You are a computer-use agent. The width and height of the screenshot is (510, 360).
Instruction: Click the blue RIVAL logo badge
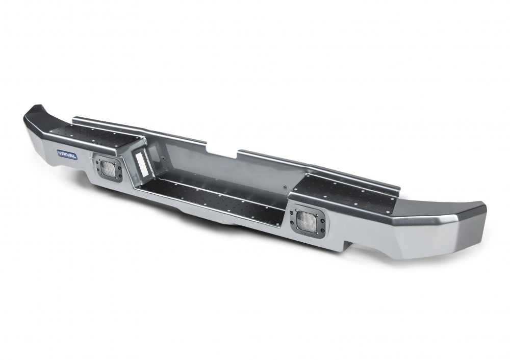click(x=67, y=155)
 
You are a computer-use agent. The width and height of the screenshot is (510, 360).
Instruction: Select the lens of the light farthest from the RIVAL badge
click(x=305, y=220)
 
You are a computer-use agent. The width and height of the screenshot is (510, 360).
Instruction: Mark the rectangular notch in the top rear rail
click(x=222, y=149)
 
